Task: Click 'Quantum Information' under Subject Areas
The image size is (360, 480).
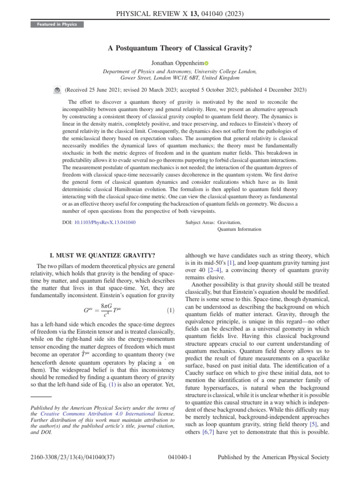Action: coord(237,230)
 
